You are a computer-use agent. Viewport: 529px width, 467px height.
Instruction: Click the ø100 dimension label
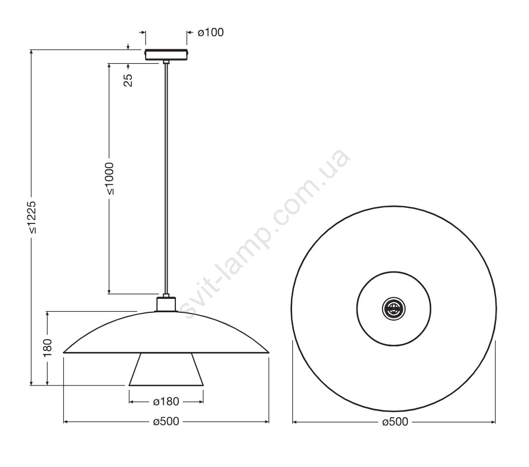[x=211, y=32]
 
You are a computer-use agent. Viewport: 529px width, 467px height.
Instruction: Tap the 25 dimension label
[x=128, y=80]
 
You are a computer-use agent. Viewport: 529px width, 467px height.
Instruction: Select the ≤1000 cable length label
[x=109, y=179]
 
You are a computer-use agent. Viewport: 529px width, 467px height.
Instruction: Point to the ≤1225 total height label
[x=32, y=218]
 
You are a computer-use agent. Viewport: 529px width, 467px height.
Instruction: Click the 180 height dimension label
[x=47, y=347]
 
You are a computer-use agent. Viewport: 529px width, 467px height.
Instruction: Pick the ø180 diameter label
[x=166, y=402]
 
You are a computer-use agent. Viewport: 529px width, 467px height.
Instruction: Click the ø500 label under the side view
[x=166, y=421]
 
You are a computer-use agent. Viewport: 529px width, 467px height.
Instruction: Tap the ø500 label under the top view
[x=395, y=421]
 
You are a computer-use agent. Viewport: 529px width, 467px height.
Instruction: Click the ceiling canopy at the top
[x=166, y=55]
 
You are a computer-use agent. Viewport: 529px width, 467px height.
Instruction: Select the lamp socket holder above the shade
[x=166, y=304]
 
